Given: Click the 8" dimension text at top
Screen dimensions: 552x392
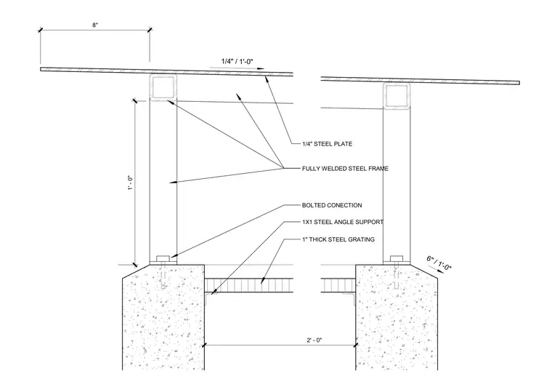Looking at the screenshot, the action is coord(95,25).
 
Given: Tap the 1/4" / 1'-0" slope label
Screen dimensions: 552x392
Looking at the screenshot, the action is coord(237,61).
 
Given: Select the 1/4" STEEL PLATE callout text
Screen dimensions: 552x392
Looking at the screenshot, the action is coord(327,144).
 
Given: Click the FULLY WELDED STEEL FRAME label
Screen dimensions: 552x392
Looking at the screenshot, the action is coord(345,169).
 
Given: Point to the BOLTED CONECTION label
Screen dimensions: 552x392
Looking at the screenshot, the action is coord(332,205).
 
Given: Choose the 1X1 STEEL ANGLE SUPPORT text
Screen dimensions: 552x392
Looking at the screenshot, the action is coord(343,222).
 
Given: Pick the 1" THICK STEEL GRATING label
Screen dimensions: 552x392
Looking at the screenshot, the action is coord(338,239).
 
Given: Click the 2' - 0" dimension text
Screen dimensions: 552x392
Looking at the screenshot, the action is coord(314,340).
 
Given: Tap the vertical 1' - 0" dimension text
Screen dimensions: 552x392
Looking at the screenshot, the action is coord(131,183).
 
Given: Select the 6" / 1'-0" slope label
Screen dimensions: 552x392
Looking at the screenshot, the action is coord(439,263).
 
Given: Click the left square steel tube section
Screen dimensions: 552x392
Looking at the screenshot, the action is coord(163,87).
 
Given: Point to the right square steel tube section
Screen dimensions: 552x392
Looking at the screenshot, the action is coord(397,96).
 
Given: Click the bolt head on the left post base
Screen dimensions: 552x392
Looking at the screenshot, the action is coord(163,258).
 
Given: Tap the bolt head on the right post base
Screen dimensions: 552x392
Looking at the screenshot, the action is coord(397,258).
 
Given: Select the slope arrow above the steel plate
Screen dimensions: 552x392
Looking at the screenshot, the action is coord(237,68).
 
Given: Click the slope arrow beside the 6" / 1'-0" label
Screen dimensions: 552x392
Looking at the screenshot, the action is coord(436,269).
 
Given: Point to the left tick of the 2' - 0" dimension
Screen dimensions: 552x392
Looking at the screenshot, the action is coord(204,345).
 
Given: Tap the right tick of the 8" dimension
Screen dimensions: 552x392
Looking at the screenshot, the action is coord(150,30).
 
